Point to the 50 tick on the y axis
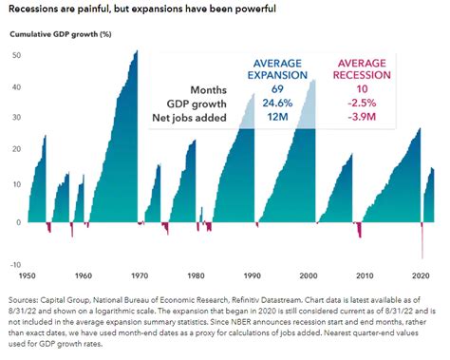pyautogui.click(x=15, y=54)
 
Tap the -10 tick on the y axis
pyautogui.click(x=15, y=265)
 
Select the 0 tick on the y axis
pyautogui.click(x=18, y=223)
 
